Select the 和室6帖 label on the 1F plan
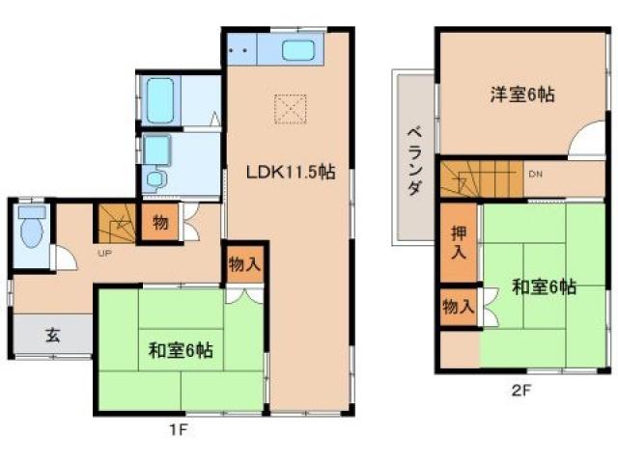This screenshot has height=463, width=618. [182, 351]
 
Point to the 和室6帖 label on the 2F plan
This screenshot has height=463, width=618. [546, 286]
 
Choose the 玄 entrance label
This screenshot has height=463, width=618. [52, 336]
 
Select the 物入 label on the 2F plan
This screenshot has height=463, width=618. [459, 308]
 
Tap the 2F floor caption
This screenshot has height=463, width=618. [522, 393]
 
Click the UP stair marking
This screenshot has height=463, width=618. [101, 253]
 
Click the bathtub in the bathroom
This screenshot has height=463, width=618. [160, 97]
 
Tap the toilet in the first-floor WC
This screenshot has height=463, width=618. [33, 228]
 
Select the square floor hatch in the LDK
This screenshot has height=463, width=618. [289, 108]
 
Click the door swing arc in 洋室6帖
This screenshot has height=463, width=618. [586, 143]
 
